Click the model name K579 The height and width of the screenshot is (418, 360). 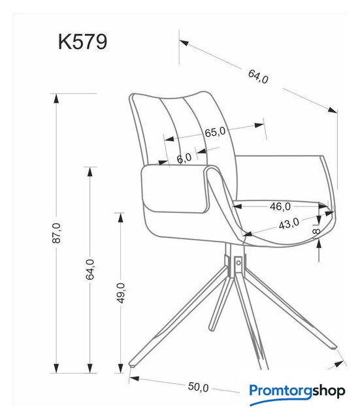83,42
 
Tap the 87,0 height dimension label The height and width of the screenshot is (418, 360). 57,233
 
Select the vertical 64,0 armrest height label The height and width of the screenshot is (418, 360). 90,269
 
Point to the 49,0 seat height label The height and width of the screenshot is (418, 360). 121,293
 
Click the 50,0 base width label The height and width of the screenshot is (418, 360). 198,387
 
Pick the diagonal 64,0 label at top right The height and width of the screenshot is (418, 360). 258,76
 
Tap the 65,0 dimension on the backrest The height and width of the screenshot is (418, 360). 215,132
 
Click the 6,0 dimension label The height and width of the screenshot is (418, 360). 184,158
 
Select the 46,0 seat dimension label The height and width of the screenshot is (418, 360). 280,206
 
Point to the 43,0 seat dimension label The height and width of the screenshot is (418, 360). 289,223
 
